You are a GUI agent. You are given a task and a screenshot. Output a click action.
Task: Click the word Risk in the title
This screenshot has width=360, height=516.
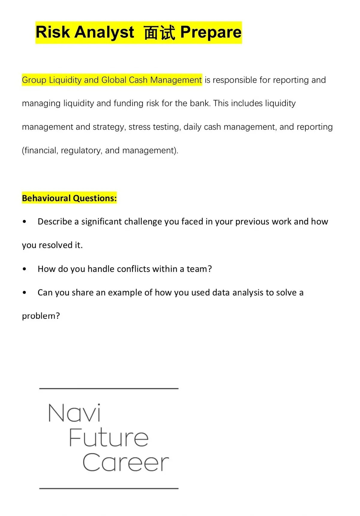(x=53, y=32)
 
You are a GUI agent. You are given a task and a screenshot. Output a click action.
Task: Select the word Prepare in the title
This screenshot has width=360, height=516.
(x=211, y=32)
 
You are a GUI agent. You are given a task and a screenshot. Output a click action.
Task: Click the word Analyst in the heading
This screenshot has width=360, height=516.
(x=104, y=32)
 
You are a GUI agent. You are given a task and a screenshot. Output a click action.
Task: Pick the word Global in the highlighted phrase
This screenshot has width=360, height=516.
(x=114, y=80)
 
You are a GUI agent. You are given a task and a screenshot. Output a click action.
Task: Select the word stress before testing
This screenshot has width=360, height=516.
(x=139, y=127)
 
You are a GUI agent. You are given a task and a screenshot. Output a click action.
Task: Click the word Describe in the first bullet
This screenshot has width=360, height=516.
(x=55, y=222)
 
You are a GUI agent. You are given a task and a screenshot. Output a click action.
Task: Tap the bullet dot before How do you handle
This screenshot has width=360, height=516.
(x=25, y=269)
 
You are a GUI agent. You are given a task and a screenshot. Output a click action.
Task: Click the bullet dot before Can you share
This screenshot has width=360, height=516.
(x=25, y=292)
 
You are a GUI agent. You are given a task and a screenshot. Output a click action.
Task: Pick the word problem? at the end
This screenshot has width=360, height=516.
(x=41, y=316)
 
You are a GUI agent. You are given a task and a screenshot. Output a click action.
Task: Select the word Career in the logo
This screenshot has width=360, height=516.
(x=125, y=462)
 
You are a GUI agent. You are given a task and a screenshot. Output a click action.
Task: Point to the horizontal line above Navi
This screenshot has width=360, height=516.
(x=109, y=389)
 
